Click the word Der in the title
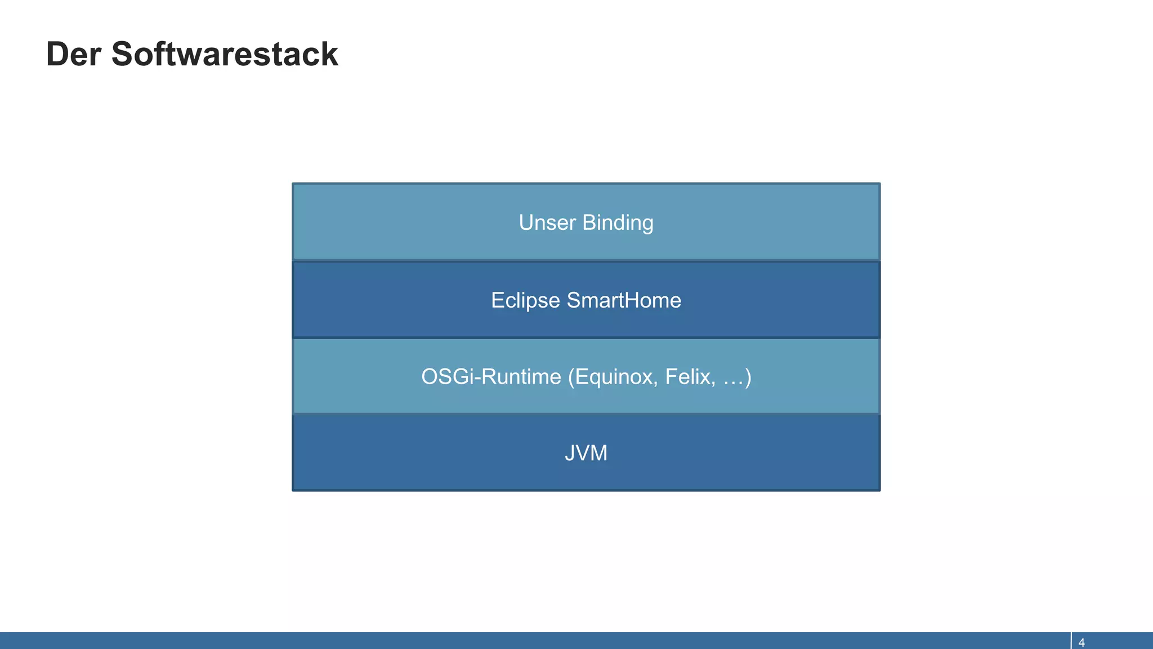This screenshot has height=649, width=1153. tap(73, 55)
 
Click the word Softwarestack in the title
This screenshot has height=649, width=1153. tap(225, 55)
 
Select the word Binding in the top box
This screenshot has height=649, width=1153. tap(618, 223)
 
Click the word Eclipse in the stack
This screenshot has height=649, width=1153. tap(525, 300)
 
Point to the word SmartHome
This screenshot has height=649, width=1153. tap(624, 300)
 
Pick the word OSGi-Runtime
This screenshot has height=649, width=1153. tap(491, 377)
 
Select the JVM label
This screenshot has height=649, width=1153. tap(586, 454)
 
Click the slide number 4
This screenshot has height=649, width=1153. tap(1082, 643)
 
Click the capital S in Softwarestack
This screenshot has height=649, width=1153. tap(124, 55)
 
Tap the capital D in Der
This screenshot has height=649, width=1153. tap(58, 55)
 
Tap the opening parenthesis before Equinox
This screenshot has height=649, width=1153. tap(571, 377)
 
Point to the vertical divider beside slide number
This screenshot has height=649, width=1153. tap(1071, 641)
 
